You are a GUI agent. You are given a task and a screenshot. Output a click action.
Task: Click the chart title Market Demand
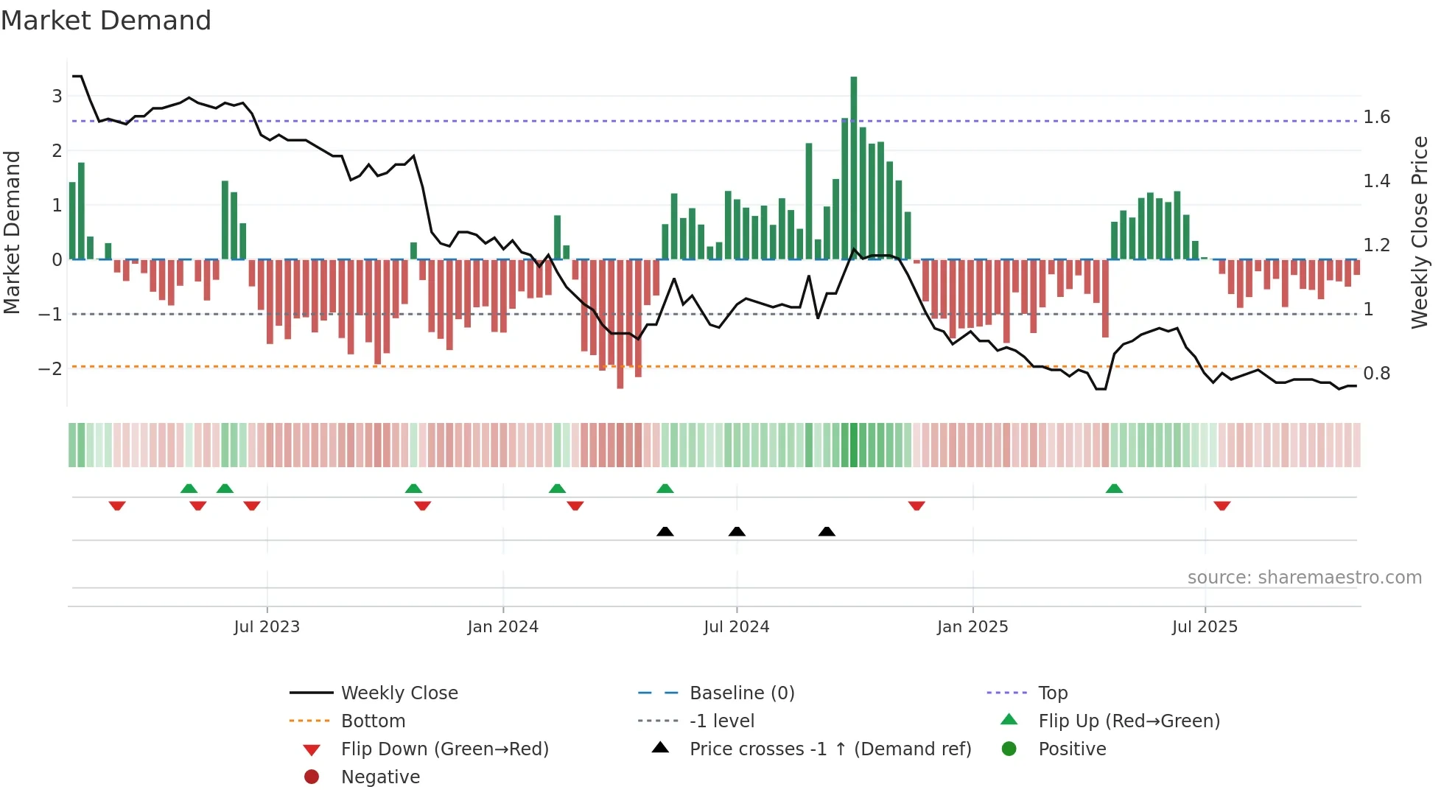click(x=106, y=21)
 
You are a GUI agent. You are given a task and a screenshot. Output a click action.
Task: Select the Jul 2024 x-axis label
click(x=736, y=627)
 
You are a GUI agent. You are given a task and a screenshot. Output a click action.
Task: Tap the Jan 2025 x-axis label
click(x=972, y=627)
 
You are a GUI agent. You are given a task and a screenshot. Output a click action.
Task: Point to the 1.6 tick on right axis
click(x=1376, y=117)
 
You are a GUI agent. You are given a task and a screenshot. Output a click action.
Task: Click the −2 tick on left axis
click(x=51, y=368)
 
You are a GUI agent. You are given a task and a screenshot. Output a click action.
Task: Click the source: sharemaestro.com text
click(x=1304, y=578)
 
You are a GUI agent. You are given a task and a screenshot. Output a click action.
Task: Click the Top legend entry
click(x=1053, y=693)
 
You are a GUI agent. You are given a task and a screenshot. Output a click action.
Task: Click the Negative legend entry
click(x=380, y=777)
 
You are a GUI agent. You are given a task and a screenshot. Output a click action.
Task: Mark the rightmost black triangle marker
click(x=827, y=531)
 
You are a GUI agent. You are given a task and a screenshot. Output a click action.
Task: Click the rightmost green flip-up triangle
click(x=1114, y=489)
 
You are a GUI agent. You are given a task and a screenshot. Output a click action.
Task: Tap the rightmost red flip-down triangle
click(x=1222, y=505)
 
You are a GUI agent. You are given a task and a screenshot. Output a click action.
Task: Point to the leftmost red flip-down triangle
click(x=117, y=505)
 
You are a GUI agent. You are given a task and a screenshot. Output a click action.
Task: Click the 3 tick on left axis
click(x=57, y=96)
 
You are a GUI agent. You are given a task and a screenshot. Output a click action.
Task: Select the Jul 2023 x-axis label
click(x=267, y=627)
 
